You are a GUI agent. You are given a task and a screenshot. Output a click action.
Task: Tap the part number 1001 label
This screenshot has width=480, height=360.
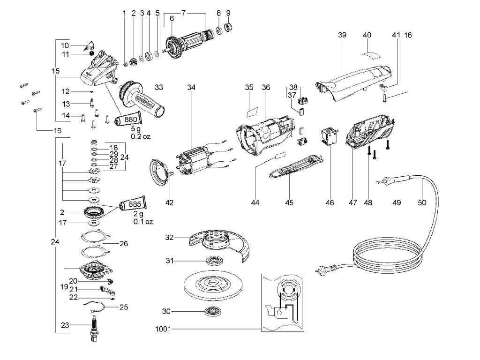click(163, 330)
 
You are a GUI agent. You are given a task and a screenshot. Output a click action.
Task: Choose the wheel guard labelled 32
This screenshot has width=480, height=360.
click(219, 244)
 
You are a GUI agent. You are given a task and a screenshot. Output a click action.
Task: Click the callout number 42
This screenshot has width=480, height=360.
click(169, 202)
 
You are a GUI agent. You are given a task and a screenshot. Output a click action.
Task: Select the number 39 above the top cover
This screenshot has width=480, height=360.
click(342, 35)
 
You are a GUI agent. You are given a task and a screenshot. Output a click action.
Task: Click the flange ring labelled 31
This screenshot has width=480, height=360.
click(214, 261)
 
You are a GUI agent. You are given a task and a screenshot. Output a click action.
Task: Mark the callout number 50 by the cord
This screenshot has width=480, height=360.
click(422, 202)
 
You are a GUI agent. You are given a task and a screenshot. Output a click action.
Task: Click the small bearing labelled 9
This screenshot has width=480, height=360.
click(229, 27)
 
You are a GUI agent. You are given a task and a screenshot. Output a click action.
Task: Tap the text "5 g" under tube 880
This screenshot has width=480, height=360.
click(135, 128)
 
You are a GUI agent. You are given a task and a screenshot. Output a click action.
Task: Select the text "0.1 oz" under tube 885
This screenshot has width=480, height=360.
click(143, 221)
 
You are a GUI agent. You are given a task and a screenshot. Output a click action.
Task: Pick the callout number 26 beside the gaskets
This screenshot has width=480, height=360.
click(124, 244)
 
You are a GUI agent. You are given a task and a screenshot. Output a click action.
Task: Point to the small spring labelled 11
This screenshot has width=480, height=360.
click(91, 53)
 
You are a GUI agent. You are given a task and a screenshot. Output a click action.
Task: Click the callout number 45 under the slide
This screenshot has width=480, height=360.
click(289, 202)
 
